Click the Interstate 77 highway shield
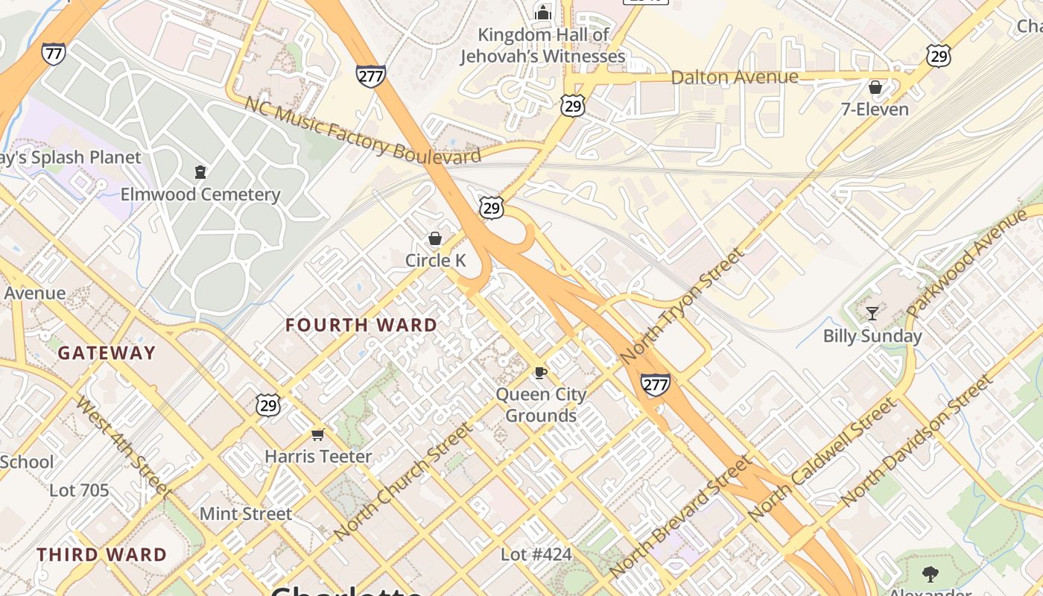(53, 54)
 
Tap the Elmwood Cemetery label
(200, 194)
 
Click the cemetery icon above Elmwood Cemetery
(200, 173)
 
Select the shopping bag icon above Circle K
(435, 238)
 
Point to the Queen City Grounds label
(541, 405)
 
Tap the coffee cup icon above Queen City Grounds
(541, 372)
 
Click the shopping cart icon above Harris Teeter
(318, 434)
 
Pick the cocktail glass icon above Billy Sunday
(872, 313)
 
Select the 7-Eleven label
(875, 110)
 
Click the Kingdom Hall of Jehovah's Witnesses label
(543, 45)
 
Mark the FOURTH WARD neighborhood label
(361, 325)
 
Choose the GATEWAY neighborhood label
(107, 352)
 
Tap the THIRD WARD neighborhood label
(102, 554)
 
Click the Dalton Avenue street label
(735, 77)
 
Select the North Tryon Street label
(682, 305)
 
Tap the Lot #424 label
(536, 554)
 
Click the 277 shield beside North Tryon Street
(655, 384)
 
